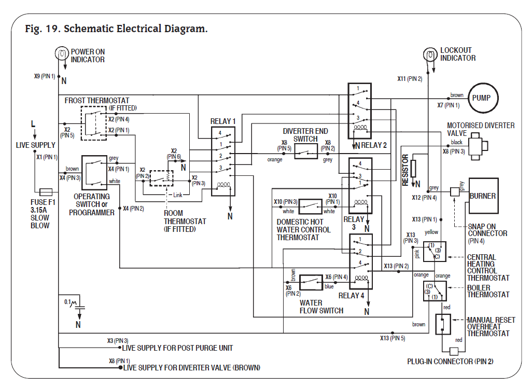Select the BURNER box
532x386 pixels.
483,196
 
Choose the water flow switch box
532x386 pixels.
312,282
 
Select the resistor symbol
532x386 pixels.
413,169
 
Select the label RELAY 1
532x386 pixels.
223,121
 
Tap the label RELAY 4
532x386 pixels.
351,295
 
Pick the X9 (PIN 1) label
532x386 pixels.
45,76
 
